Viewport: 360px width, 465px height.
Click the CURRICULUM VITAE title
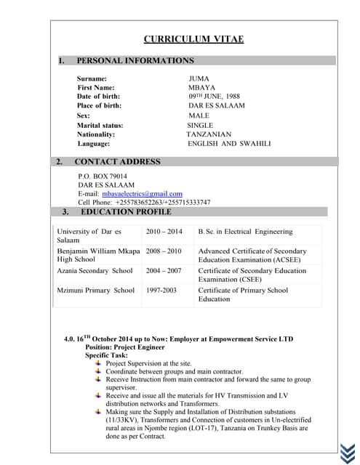193,39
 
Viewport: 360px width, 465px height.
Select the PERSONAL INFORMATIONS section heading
135,61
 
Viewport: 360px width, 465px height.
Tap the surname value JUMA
199,78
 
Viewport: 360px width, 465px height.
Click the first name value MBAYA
202,88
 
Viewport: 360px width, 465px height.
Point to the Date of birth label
99,97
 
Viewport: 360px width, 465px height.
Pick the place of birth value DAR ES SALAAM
217,106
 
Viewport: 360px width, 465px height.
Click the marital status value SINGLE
200,126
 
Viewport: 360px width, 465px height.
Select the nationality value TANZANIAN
209,135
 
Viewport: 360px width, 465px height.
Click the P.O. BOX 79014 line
103,177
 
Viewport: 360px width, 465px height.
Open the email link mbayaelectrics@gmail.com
142,194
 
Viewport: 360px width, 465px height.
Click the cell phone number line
144,203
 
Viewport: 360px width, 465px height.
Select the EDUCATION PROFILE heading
126,212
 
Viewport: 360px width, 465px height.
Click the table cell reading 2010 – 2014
164,232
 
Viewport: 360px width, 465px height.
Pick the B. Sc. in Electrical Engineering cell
245,232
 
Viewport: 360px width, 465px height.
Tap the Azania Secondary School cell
95,271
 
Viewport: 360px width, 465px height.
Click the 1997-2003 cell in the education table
161,291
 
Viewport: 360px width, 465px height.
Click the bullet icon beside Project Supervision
99,363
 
